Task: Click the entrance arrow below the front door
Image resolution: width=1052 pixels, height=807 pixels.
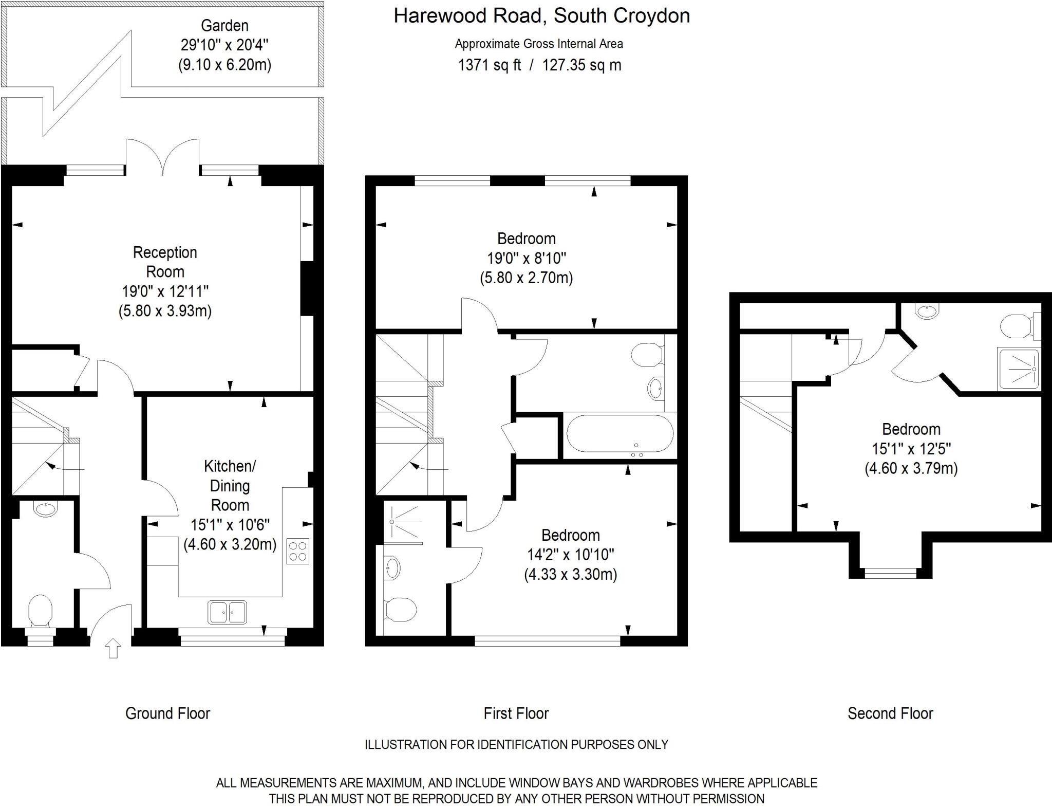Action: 113,648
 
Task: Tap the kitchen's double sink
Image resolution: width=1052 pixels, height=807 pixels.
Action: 227,612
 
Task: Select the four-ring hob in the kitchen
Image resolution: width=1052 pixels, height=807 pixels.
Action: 298,551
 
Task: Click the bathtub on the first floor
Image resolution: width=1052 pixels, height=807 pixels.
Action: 619,433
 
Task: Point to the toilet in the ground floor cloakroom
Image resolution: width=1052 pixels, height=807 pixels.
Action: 40,611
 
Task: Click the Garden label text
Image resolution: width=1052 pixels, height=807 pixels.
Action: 224,26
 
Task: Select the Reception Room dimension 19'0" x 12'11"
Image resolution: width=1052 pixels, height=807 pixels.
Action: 165,291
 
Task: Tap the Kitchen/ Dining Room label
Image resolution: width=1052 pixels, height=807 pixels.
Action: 230,485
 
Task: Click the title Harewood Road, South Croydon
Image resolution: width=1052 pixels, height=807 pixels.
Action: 541,16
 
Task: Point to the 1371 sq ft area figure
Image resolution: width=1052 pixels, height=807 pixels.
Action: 489,65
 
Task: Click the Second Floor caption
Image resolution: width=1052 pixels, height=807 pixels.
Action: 890,713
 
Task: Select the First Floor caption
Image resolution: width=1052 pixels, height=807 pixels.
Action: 516,713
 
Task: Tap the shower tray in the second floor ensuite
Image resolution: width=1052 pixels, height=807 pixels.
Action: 1018,369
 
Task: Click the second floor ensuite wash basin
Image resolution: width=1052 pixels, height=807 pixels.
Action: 927,310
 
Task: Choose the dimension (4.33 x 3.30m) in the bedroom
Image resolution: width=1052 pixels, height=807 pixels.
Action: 570,574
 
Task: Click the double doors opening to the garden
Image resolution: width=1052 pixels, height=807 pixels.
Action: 163,157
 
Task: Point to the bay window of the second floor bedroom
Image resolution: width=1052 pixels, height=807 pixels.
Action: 891,573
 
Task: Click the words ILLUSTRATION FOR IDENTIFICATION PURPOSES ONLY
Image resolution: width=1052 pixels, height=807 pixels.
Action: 516,744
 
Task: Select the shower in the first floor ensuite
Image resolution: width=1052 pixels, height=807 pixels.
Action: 404,521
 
